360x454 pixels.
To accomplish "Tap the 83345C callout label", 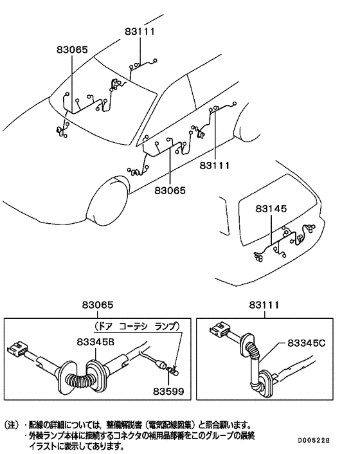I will [x=307, y=344].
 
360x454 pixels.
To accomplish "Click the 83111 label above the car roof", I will [x=139, y=30].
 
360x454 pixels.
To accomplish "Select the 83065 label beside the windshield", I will [x=72, y=50].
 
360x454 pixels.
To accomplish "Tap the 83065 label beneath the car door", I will [x=170, y=190].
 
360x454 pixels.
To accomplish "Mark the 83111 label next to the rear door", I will [x=215, y=165].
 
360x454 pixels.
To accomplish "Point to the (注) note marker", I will [x=14, y=425].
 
